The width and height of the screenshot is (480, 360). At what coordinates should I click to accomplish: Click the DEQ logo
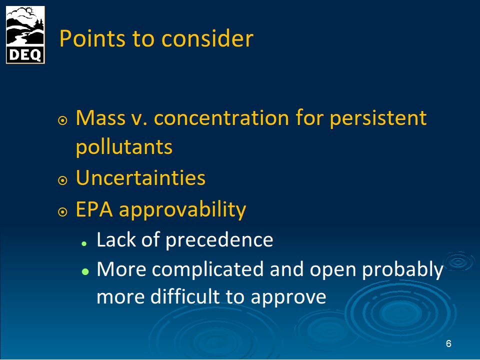point(25,35)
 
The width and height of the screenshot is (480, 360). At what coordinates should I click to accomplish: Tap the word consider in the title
point(207,38)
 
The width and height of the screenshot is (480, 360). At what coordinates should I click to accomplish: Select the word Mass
point(100,117)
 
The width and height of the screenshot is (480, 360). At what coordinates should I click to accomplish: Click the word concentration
point(221,118)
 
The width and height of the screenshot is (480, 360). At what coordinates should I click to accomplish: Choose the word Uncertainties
point(140,177)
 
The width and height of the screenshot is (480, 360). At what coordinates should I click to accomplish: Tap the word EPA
point(94,209)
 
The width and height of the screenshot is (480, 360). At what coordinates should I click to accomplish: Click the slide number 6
point(448,344)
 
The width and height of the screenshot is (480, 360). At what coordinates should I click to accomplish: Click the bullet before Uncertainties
point(62,180)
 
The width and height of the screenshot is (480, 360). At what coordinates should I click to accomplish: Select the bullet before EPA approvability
point(62,212)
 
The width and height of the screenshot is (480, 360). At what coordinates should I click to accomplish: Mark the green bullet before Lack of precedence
point(84,244)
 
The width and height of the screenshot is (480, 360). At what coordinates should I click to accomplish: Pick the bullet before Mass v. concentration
point(62,120)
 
